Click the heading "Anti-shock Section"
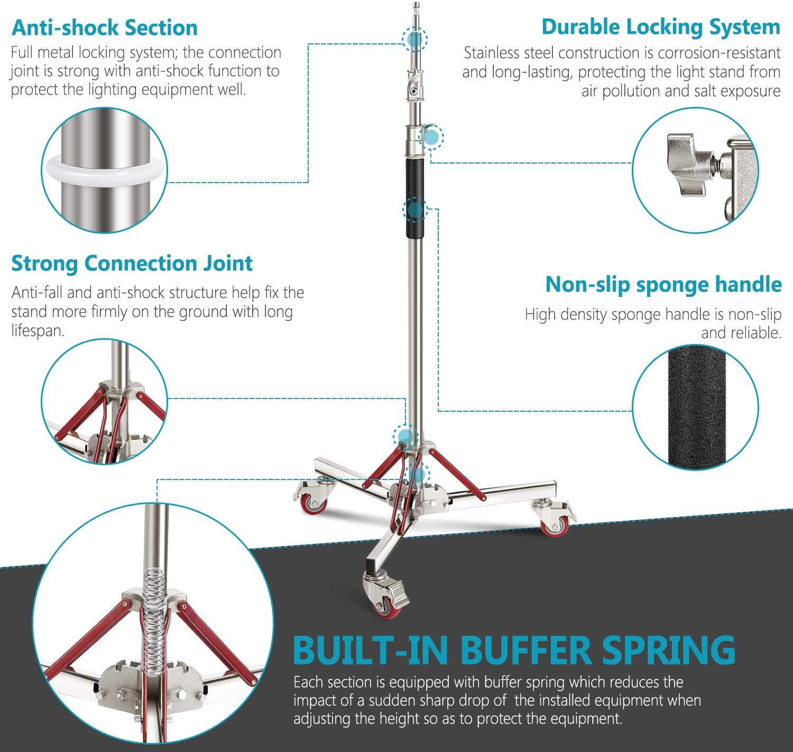coord(105,28)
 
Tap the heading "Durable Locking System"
coord(660,26)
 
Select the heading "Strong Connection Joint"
coord(132,263)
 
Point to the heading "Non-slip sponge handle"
coord(663,284)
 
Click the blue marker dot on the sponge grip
coord(415,210)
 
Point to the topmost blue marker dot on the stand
coord(414,39)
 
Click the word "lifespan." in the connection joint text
coord(38,331)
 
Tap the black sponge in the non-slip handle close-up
coord(695,407)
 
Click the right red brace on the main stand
coord(458,474)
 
